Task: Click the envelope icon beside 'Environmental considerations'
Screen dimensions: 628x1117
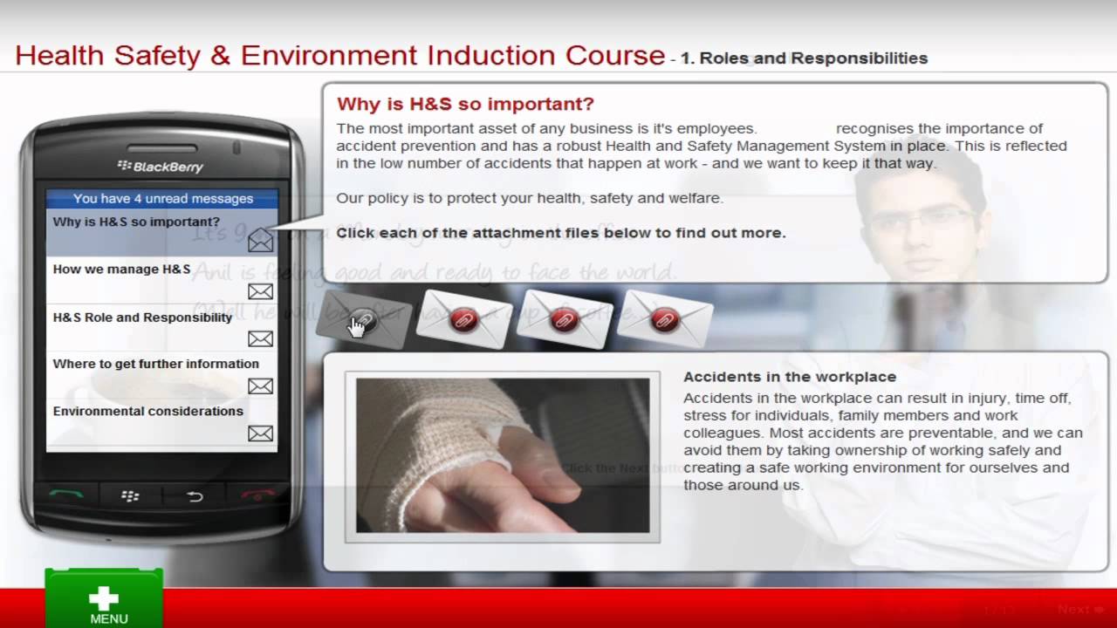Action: [260, 433]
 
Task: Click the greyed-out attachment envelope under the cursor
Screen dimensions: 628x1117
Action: [362, 318]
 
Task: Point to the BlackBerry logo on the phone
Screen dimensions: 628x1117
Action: [161, 166]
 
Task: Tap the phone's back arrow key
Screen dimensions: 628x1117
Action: [195, 497]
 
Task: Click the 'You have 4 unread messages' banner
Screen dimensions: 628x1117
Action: [162, 199]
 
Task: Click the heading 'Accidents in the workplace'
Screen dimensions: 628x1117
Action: [789, 377]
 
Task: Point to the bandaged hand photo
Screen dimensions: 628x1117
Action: [502, 455]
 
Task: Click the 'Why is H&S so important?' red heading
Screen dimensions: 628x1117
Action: [465, 105]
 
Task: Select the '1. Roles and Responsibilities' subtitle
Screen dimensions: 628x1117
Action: [803, 59]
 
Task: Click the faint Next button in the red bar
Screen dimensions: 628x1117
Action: [1073, 609]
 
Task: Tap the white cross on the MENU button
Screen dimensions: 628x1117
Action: [104, 597]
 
